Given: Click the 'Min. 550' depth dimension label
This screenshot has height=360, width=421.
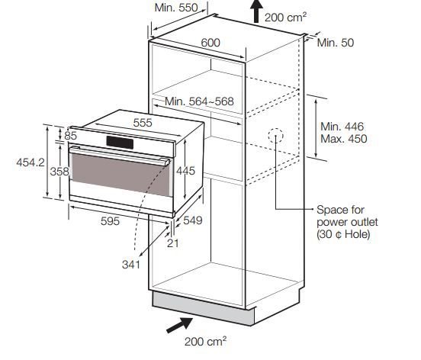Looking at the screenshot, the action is [x=176, y=8].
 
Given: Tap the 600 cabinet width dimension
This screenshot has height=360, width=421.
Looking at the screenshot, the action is [x=210, y=43].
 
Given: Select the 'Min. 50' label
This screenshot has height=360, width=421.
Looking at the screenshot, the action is [x=336, y=43].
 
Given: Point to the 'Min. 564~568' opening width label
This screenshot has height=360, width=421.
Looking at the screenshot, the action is [x=199, y=101].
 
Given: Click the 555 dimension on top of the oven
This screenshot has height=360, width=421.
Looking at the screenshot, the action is [x=143, y=123].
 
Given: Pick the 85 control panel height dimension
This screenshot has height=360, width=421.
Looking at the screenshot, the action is [x=70, y=136].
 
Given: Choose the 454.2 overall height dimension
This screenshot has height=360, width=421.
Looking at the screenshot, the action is [x=31, y=162].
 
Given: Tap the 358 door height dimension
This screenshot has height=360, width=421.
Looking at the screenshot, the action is [x=59, y=172].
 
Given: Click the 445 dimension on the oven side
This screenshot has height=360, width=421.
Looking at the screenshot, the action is [x=185, y=171].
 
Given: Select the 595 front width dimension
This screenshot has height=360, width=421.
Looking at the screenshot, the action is [x=110, y=221].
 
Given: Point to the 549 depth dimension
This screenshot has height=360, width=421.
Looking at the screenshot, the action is [x=193, y=220].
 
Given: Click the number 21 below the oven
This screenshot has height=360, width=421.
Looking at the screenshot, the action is [x=172, y=243].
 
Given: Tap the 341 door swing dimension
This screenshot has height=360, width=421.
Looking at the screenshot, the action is [x=131, y=265].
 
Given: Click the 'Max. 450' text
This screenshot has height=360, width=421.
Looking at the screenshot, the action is [x=344, y=139].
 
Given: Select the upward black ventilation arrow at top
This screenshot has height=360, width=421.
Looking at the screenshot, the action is [x=256, y=11].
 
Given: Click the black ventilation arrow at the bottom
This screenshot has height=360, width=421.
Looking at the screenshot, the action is [x=179, y=325].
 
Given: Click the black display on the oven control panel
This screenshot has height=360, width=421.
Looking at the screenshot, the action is [x=120, y=143].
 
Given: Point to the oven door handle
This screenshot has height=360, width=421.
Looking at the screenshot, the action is [x=120, y=156].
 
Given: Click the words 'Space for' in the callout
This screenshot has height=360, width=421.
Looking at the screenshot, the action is [x=340, y=210].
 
